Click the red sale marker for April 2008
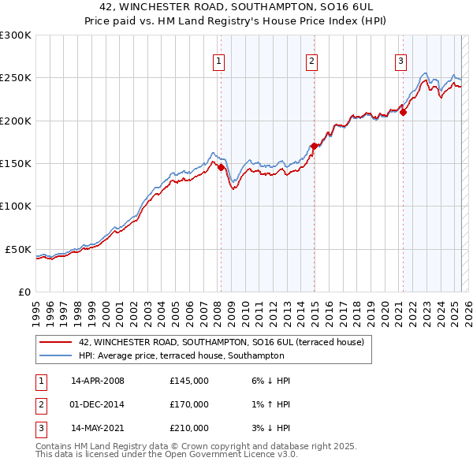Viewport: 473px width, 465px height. [x=221, y=167]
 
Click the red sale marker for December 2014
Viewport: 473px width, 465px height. [x=314, y=146]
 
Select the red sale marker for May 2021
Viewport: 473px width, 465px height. [x=403, y=112]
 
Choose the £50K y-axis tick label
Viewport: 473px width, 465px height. [x=19, y=249]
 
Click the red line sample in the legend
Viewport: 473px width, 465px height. [x=54, y=343]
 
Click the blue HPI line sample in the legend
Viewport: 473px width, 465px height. [x=54, y=355]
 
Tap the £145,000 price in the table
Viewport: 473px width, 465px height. [x=189, y=381]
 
